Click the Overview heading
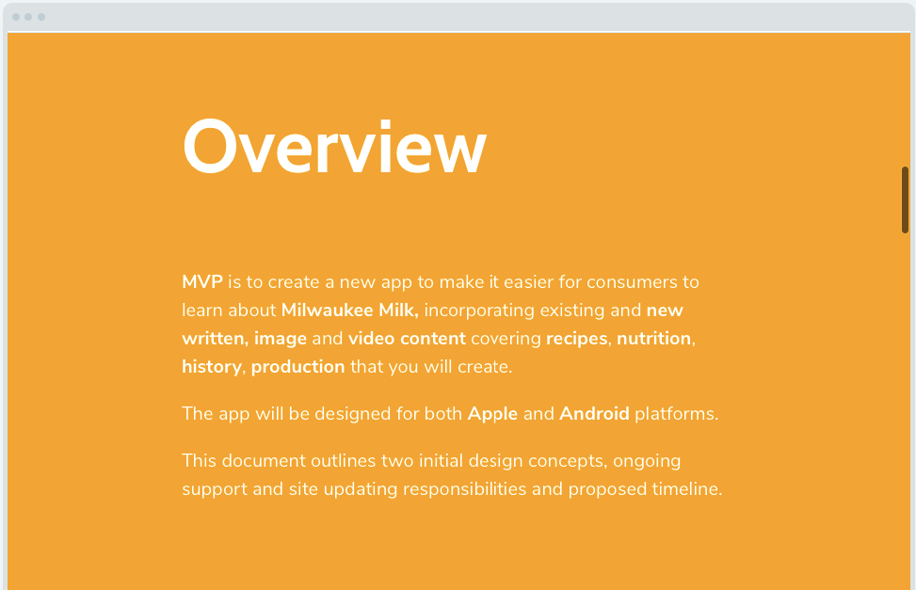pos(335,146)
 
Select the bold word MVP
pos(202,281)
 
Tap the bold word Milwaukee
pos(328,310)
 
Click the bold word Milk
pos(398,310)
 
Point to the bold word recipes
pos(576,339)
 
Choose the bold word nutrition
pos(653,338)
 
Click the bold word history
pos(212,367)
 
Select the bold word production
pos(297,367)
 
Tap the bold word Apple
pos(492,414)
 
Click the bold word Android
pos(594,414)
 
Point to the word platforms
pos(677,414)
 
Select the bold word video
pos(372,338)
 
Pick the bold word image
pos(281,339)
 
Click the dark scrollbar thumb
pos(905,199)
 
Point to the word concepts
pos(568,461)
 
